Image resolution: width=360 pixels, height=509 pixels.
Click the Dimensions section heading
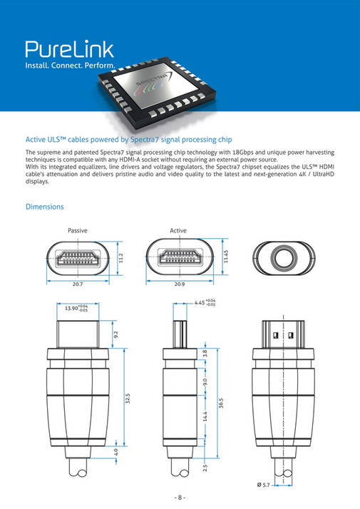45,207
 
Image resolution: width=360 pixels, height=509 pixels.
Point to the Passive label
78,231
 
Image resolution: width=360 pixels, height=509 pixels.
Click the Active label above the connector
178,231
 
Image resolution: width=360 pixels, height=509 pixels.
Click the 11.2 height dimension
121,257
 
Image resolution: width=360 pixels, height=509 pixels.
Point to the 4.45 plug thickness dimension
206,303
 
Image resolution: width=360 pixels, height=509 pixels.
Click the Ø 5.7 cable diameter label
282,485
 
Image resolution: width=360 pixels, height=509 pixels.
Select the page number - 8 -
180,497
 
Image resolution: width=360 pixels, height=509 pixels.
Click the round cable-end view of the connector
284,257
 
